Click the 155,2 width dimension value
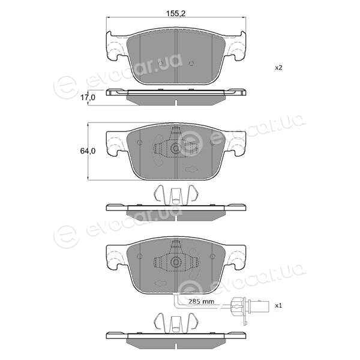tap(176, 14)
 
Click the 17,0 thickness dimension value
tap(88, 98)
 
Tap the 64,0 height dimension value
tap(88, 151)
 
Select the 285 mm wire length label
tap(201, 301)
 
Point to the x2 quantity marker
tap(278, 68)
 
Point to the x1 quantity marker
tap(278, 305)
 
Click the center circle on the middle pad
tap(176, 148)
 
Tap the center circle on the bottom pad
tap(176, 262)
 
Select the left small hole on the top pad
tap(161, 63)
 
